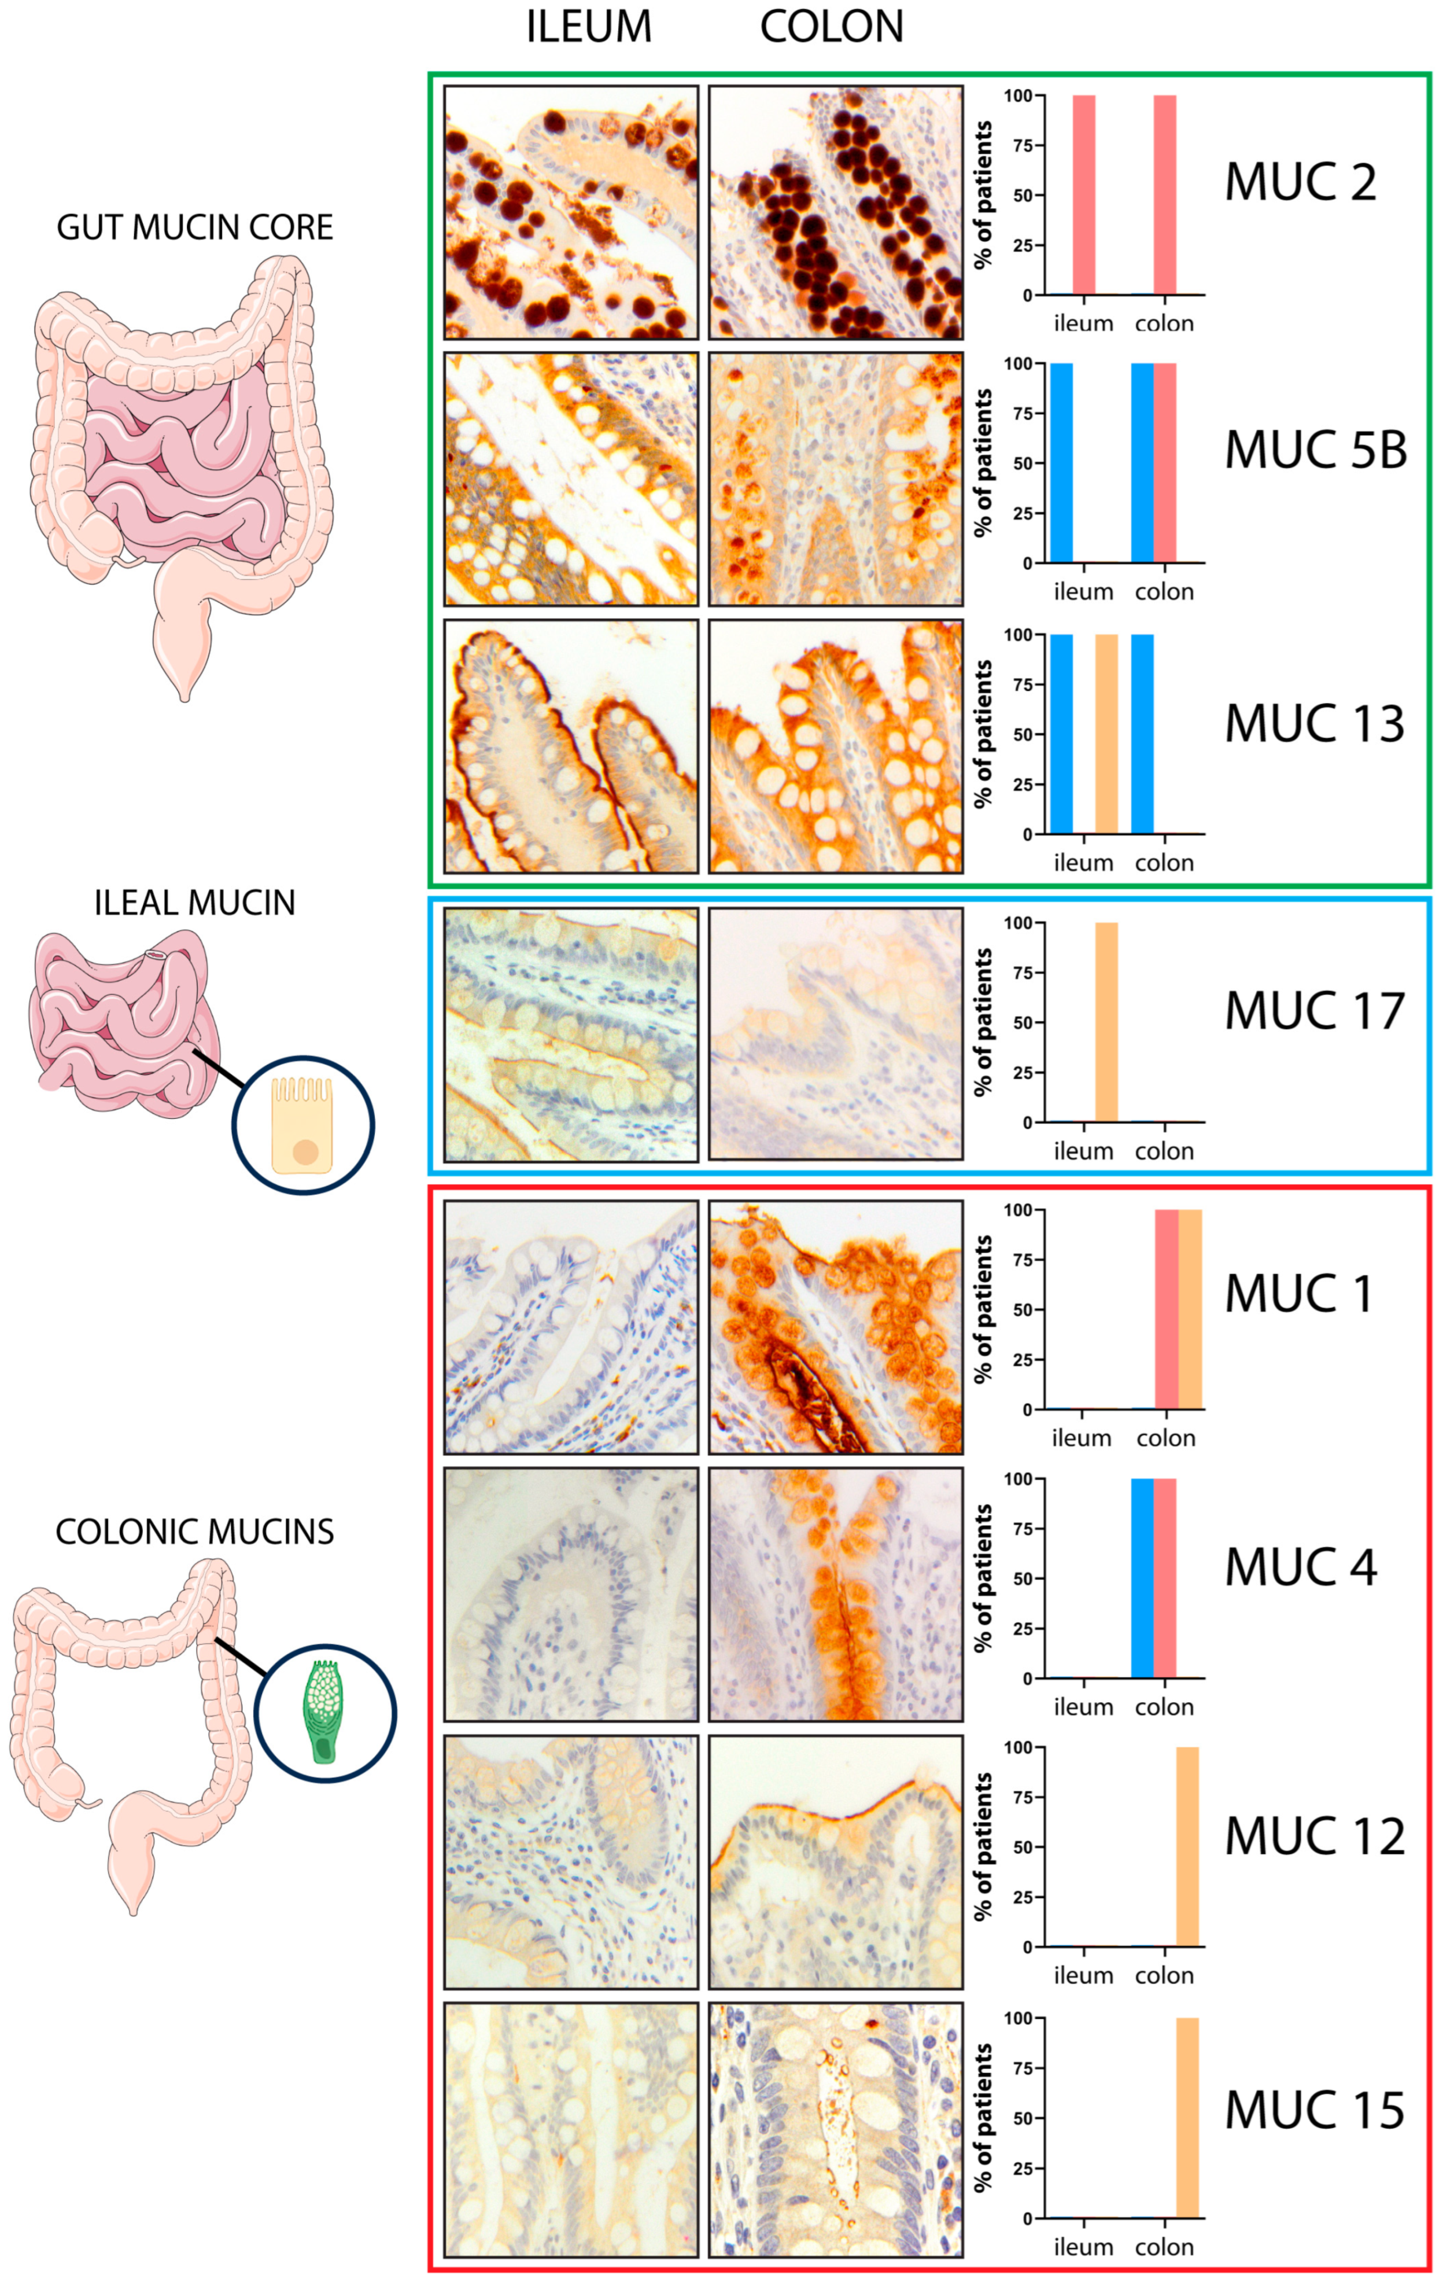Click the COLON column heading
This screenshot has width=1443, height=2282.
[x=831, y=27]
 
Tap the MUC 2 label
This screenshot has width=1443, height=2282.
[x=1300, y=182]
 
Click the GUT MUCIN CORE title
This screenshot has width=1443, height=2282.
[x=194, y=227]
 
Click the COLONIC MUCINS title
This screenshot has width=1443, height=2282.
[x=194, y=1532]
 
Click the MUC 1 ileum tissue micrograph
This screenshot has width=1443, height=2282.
[x=570, y=1327]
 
